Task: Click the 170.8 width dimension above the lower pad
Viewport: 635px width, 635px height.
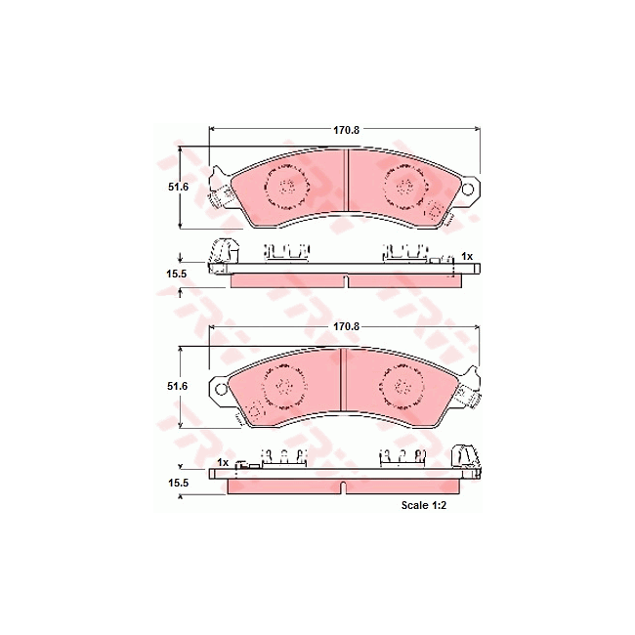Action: [x=346, y=324]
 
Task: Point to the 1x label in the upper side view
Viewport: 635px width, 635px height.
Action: [x=467, y=256]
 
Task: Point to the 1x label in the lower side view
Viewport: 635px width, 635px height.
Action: [x=223, y=461]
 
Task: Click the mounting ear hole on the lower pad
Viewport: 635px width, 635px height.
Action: [x=221, y=389]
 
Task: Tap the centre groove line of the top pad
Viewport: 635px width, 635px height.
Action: [x=346, y=181]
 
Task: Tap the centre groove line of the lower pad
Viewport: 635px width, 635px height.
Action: [x=341, y=379]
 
